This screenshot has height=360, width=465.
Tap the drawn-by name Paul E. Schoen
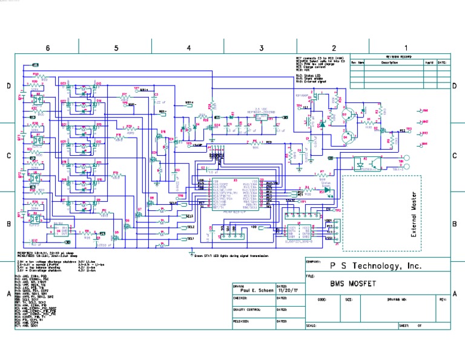pyautogui.click(x=253, y=291)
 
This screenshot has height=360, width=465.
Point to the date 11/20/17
pyautogui.click(x=287, y=291)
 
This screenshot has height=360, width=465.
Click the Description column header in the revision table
pyautogui.click(x=389, y=62)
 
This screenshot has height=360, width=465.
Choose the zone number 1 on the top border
pyautogui.click(x=406, y=47)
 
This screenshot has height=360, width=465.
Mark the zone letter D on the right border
pyautogui.click(x=454, y=85)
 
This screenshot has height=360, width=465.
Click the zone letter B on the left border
pyautogui.click(x=8, y=224)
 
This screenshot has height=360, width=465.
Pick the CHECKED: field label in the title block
pyautogui.click(x=241, y=298)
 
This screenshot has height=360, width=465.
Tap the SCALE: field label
pyautogui.click(x=312, y=325)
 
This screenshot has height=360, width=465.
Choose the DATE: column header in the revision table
pyautogui.click(x=442, y=62)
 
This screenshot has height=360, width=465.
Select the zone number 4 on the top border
pyautogui.click(x=188, y=47)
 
